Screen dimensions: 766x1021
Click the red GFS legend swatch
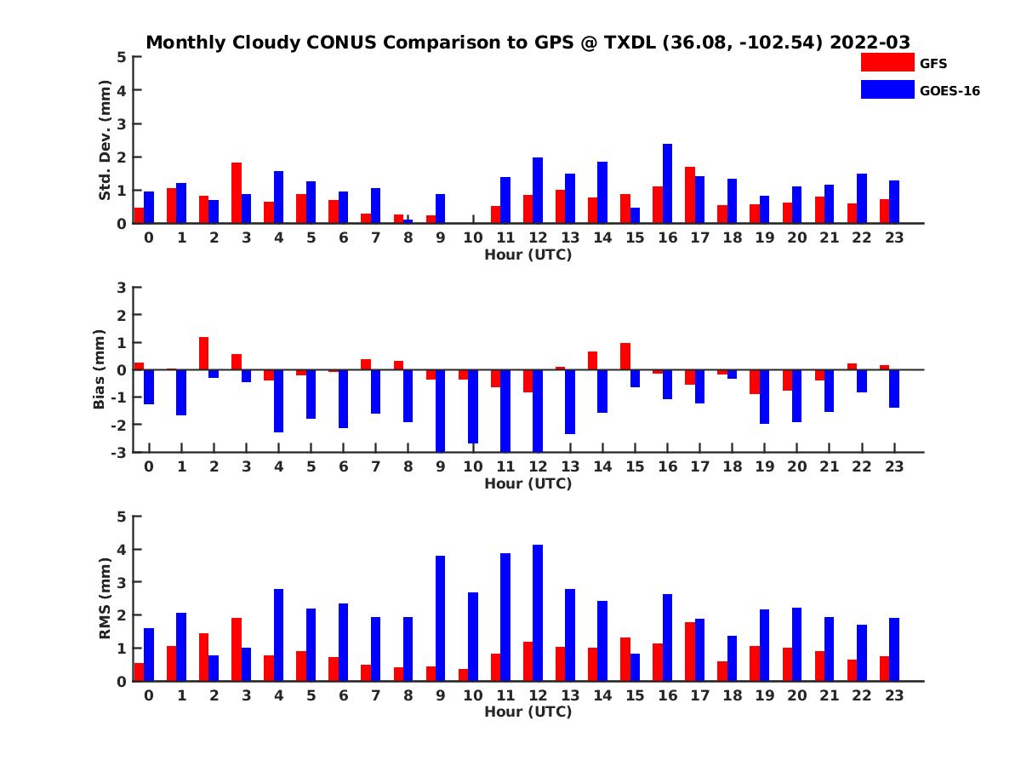(x=887, y=62)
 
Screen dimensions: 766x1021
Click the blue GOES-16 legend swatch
(x=887, y=89)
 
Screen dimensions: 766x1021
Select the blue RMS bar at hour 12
(x=538, y=613)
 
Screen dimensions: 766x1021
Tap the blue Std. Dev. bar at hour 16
(x=667, y=184)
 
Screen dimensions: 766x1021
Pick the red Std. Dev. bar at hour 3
(x=237, y=193)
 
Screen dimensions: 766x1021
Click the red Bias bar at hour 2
(x=204, y=353)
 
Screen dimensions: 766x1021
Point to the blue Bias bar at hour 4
(x=279, y=401)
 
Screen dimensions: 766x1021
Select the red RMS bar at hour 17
(x=690, y=651)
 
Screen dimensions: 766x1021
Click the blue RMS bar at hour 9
(x=441, y=618)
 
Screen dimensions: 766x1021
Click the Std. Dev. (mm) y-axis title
(x=106, y=140)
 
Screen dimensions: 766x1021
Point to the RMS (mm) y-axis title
(x=106, y=598)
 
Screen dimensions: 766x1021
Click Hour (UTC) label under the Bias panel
(x=528, y=484)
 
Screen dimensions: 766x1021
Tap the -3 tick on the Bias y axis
(x=119, y=452)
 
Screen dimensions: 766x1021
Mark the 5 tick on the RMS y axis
(x=122, y=517)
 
